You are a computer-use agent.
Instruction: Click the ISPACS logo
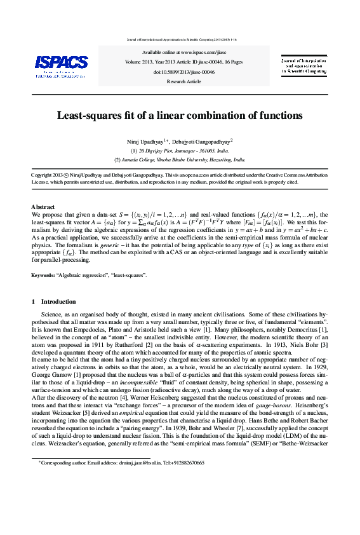[x=61, y=65]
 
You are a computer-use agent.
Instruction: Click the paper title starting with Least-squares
[x=180, y=116]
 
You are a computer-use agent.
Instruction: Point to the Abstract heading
[x=43, y=207]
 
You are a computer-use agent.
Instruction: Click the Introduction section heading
[x=58, y=301]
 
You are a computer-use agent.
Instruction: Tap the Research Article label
[x=183, y=81]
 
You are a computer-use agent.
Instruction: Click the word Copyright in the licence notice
[x=43, y=174]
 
